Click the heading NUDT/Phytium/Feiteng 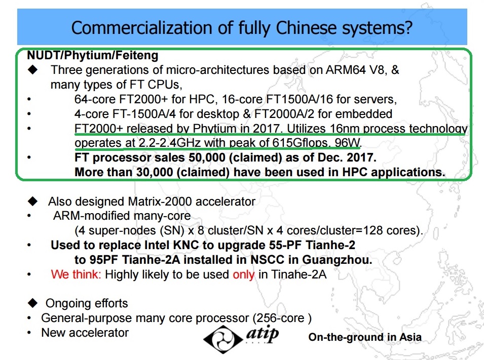93,56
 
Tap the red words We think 76,274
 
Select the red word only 244,274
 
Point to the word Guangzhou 337,260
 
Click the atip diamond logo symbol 223,339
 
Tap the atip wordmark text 263,334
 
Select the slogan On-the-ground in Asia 365,337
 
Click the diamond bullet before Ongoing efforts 33,303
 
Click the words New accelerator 85,333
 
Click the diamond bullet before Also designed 33,202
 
